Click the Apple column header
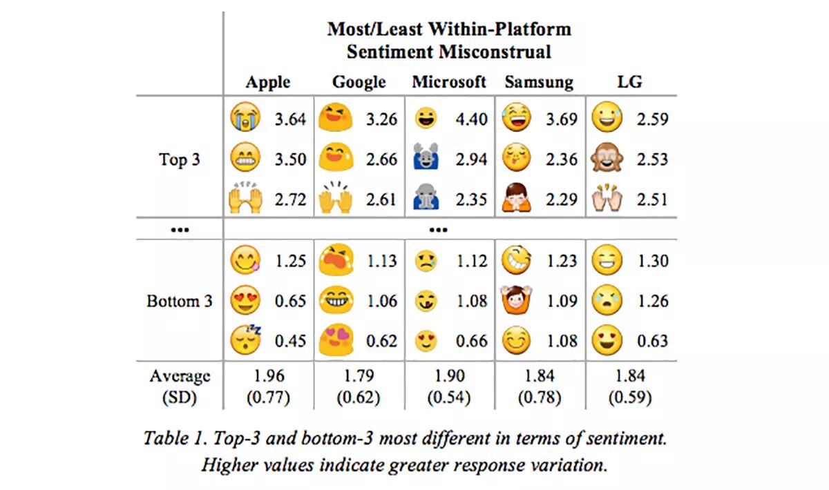coord(268,82)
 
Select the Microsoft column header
coord(449,82)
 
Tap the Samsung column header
coord(539,82)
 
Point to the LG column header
coord(629,82)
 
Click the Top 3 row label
coord(180,159)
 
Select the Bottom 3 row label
coord(180,302)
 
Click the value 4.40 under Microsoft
coord(472,119)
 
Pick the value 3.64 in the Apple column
coord(290,119)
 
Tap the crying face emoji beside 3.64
coord(246,118)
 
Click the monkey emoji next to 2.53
coord(607,159)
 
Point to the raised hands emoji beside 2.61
coord(336,199)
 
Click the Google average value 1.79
coord(359,376)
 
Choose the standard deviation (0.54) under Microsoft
coord(449,398)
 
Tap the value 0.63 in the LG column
coord(652,341)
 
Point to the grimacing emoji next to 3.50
coord(246,159)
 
